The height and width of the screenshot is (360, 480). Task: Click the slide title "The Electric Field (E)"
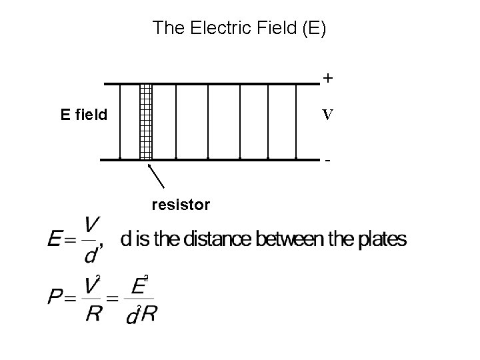(x=239, y=28)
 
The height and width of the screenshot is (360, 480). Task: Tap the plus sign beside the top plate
(x=327, y=79)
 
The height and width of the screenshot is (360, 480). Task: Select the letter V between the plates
(x=327, y=115)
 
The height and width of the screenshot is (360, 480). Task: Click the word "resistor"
(x=181, y=205)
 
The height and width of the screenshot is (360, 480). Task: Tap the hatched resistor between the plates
(x=146, y=121)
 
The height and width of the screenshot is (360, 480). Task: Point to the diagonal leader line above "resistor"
(x=157, y=176)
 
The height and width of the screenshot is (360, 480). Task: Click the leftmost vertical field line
(x=120, y=121)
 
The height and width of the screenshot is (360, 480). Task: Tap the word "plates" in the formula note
(x=384, y=239)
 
